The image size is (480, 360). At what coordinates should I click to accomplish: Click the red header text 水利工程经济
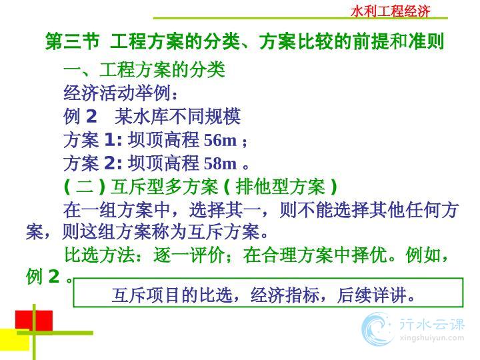click(390, 11)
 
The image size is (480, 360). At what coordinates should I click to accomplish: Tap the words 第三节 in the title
click(72, 41)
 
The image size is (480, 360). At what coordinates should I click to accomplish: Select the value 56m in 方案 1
click(220, 140)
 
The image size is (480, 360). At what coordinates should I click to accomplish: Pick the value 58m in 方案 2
click(220, 163)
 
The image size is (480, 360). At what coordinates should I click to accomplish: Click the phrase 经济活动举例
click(117, 93)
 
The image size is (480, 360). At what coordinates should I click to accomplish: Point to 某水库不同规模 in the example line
click(177, 117)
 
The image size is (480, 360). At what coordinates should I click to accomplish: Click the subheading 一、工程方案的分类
click(144, 70)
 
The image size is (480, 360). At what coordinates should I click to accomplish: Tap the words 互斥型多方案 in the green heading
click(165, 187)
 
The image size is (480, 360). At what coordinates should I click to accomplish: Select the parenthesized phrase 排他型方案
click(280, 187)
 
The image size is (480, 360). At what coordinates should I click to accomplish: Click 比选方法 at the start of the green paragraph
click(100, 255)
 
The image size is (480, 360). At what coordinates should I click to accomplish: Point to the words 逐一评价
click(189, 255)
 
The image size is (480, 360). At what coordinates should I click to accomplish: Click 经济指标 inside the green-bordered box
click(285, 295)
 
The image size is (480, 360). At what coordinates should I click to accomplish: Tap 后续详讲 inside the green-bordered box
click(372, 295)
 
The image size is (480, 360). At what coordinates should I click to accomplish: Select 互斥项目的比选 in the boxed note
click(171, 295)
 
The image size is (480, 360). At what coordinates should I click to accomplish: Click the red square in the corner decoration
click(34, 321)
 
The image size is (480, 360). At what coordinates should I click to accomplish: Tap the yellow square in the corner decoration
click(15, 340)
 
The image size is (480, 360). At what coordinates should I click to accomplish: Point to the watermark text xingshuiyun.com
click(432, 338)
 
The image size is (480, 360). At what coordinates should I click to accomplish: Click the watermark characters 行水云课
click(432, 324)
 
